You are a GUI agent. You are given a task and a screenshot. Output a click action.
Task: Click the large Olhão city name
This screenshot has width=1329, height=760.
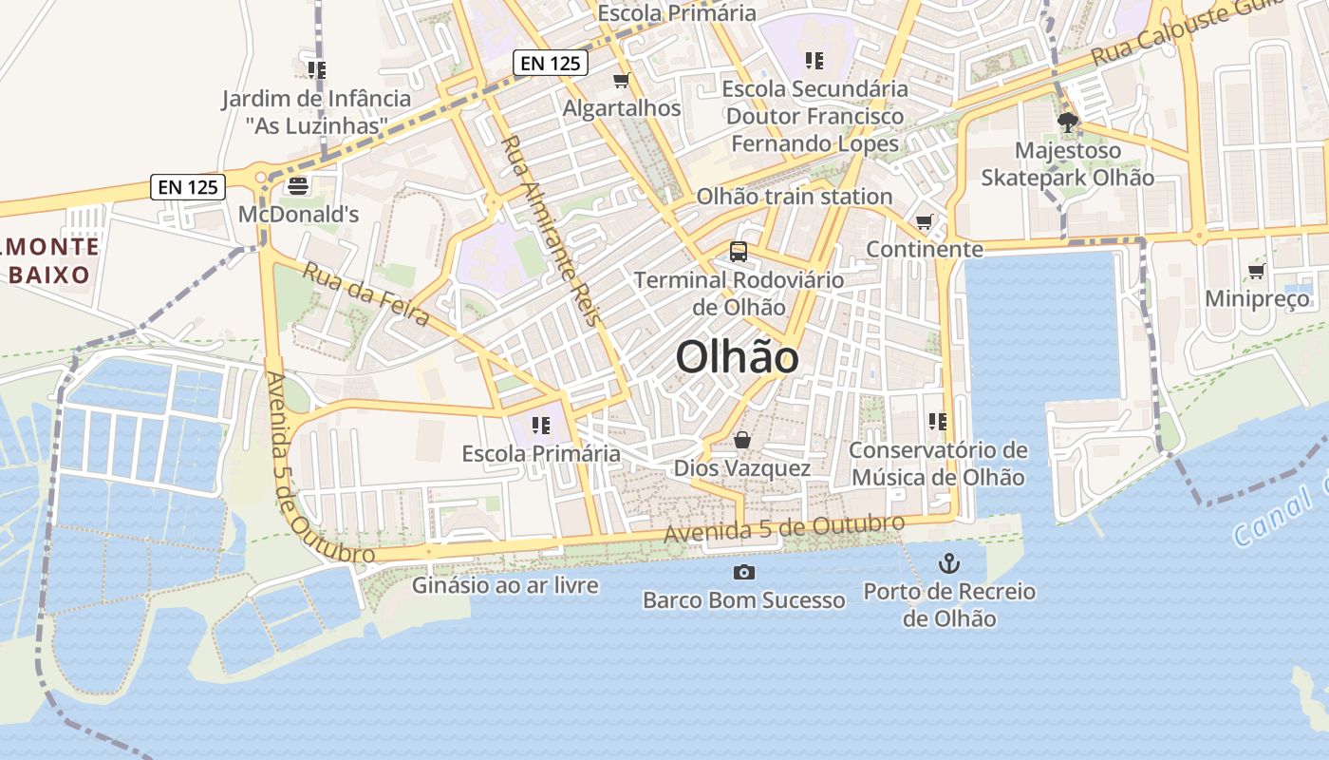click(x=737, y=358)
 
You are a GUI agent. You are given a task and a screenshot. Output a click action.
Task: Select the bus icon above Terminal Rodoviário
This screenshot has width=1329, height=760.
click(x=738, y=252)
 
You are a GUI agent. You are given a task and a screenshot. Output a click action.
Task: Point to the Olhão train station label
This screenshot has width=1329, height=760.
click(x=795, y=197)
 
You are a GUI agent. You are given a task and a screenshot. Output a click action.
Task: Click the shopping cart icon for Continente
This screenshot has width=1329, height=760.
click(x=924, y=222)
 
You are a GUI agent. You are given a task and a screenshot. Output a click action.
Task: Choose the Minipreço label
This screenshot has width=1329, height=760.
click(x=1257, y=299)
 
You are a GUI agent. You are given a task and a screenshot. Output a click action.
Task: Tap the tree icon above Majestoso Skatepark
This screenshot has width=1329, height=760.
click(x=1067, y=123)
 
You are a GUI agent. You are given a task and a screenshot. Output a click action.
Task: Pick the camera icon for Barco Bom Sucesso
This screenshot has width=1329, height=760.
click(x=743, y=572)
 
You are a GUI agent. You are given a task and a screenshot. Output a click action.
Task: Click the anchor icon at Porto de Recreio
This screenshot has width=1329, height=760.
click(x=948, y=563)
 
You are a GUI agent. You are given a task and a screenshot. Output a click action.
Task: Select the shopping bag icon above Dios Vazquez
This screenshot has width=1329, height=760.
click(x=742, y=441)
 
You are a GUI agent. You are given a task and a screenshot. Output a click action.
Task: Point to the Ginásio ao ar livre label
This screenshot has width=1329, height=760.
click(x=505, y=585)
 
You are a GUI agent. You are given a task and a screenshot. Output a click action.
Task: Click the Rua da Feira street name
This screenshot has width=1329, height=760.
click(x=365, y=294)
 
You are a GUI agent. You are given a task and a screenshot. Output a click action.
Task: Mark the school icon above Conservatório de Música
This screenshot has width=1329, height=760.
click(x=938, y=422)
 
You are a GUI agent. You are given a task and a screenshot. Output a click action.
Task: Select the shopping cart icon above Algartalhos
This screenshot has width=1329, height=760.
click(x=622, y=81)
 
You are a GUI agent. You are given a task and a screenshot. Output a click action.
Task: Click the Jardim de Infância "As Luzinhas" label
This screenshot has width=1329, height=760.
click(x=316, y=111)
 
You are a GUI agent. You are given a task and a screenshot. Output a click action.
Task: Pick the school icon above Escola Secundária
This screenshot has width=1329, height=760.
click(x=814, y=61)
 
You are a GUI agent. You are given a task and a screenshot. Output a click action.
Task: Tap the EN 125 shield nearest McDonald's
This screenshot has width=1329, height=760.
click(x=188, y=187)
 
